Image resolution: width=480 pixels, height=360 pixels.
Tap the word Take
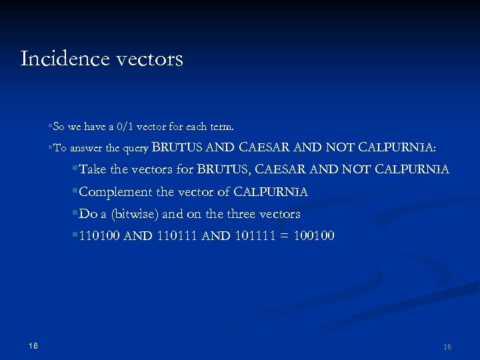coord(93,169)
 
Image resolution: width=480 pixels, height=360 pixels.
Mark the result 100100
coord(313,236)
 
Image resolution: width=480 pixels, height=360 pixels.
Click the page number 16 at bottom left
coord(33,345)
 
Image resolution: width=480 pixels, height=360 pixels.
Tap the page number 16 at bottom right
coord(447,347)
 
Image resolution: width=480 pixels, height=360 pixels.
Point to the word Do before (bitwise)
coord(88,214)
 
